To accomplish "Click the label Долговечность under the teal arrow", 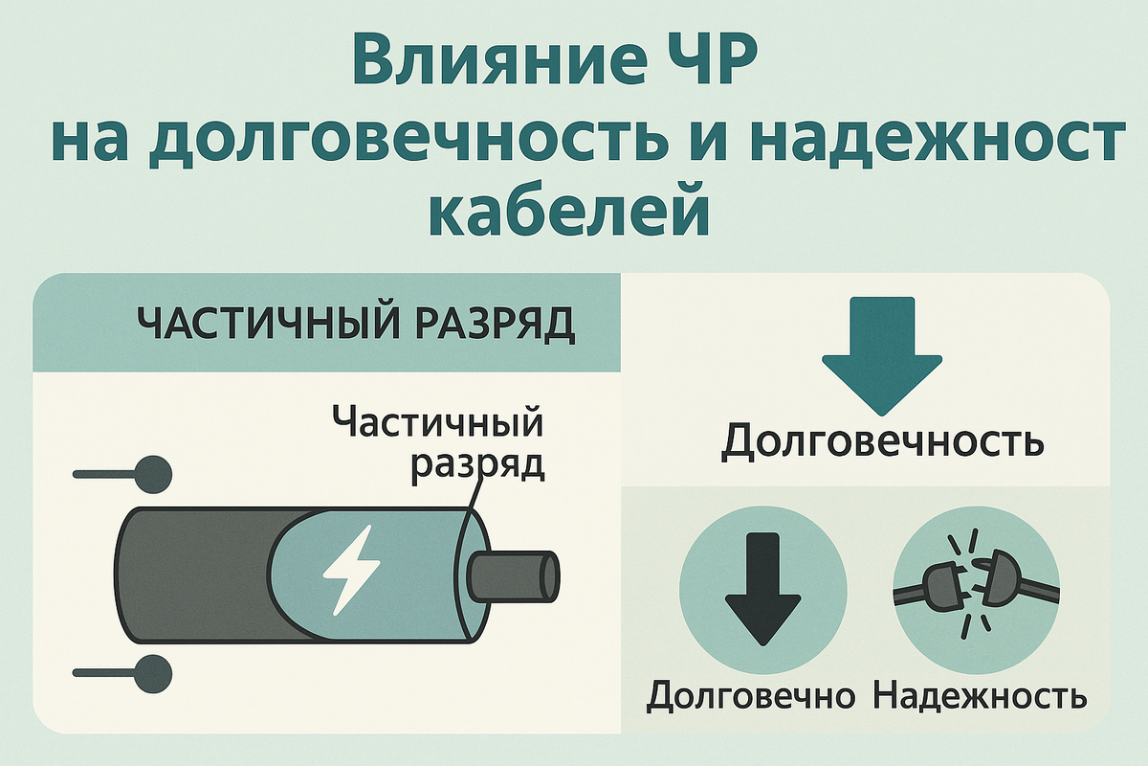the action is (882, 441).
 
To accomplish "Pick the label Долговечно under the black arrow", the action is (750, 696).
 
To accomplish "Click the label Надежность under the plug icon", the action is (980, 696).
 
